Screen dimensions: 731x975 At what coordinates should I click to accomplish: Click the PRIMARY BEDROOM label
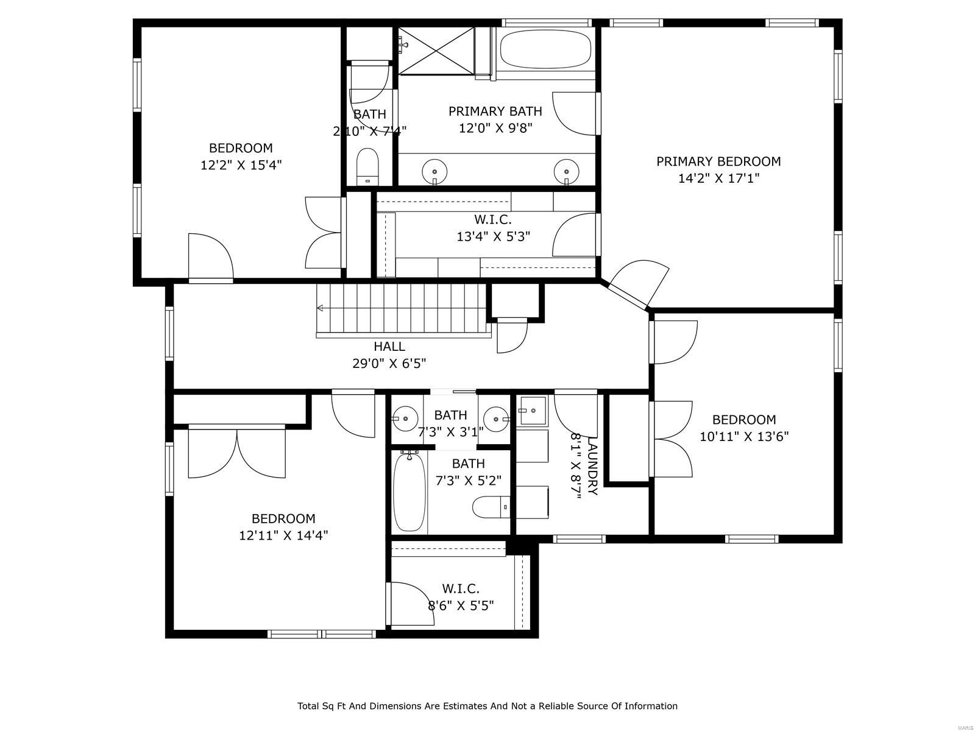click(718, 161)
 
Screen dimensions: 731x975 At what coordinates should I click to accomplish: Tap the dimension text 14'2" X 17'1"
click(718, 178)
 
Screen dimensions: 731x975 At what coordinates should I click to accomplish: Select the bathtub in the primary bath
click(545, 50)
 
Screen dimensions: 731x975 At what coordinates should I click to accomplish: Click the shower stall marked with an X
click(436, 51)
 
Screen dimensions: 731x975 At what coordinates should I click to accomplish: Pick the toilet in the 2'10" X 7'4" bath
click(367, 166)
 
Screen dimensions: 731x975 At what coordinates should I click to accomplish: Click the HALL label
click(389, 347)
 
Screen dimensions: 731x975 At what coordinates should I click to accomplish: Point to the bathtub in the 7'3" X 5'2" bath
click(408, 492)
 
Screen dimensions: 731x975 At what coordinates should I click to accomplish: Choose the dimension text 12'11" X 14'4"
click(283, 535)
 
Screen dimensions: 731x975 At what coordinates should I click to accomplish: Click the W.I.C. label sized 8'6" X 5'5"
click(460, 588)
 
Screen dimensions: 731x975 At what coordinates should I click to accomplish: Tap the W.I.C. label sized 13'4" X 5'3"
click(492, 219)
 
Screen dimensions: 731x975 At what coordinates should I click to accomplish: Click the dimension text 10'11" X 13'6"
click(743, 437)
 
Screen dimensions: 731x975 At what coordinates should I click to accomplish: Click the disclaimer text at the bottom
click(487, 706)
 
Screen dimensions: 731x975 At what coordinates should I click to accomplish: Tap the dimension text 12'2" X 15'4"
click(241, 165)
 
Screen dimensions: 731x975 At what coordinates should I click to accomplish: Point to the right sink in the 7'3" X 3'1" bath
click(497, 418)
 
